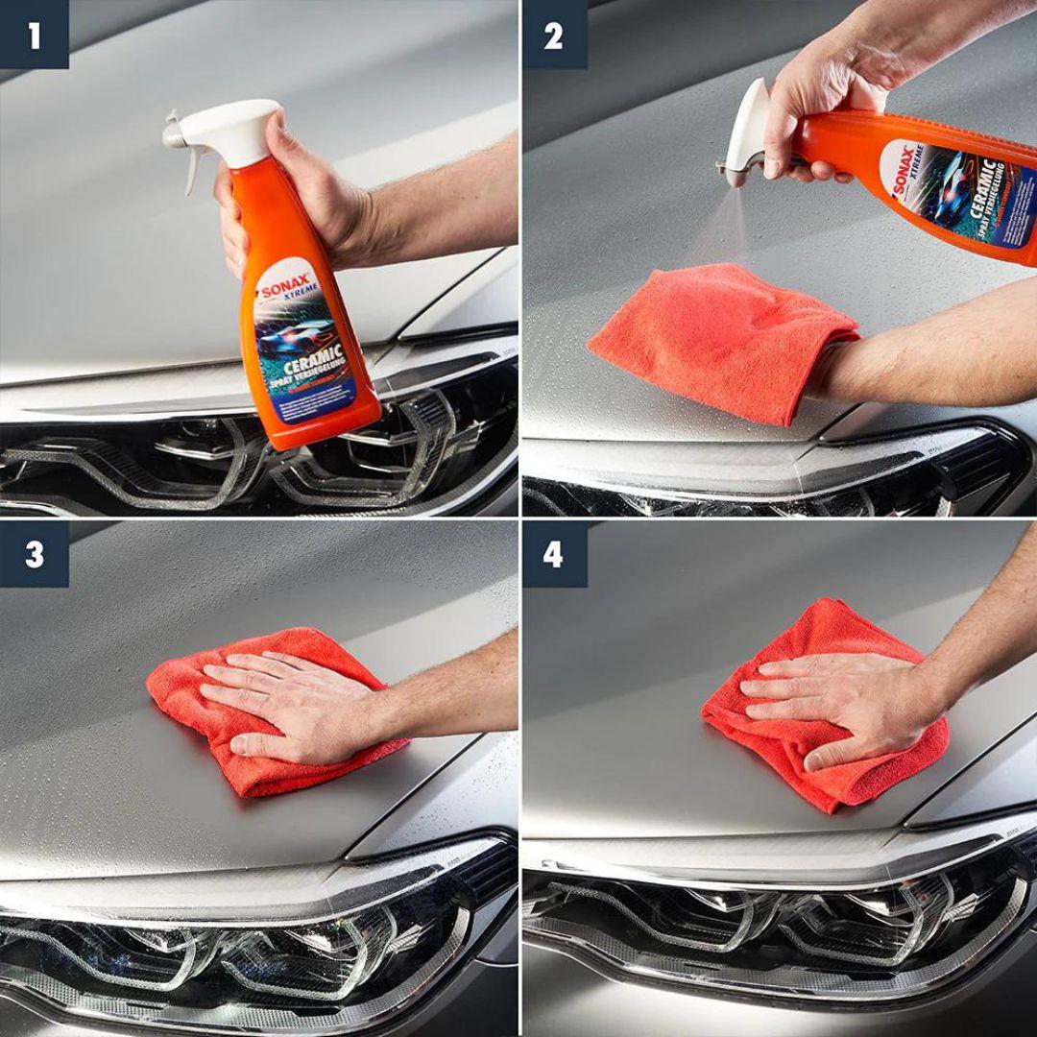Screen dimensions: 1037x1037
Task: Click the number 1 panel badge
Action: coord(34,36)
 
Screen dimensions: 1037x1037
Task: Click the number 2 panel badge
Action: coord(554,36)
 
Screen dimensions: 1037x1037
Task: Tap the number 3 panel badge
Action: coord(34,554)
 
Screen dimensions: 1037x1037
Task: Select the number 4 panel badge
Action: coord(554,554)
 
